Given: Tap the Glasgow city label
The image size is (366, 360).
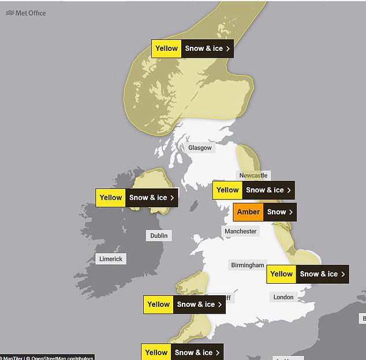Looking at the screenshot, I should (200, 148).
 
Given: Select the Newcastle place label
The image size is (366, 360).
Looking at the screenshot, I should (253, 175).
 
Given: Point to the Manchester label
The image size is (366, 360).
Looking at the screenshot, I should (240, 231).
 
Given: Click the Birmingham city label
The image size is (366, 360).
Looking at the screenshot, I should (247, 265).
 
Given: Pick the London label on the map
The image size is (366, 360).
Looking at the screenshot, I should (283, 297).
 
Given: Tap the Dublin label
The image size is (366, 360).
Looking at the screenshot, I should (159, 236).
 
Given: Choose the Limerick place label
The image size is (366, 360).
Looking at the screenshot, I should (110, 259).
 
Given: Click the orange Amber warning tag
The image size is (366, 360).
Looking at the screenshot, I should (248, 212).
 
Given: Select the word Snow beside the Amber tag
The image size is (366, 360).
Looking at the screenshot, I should (276, 212).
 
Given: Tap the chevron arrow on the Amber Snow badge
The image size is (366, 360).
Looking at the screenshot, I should (291, 212).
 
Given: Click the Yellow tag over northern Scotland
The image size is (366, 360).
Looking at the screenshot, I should (167, 49).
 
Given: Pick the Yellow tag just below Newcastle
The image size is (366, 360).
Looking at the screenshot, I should (227, 190).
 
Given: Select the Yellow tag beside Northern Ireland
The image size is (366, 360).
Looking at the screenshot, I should (111, 198).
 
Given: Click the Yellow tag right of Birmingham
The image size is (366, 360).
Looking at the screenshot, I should (282, 274).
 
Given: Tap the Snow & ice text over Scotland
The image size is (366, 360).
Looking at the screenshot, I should (203, 49).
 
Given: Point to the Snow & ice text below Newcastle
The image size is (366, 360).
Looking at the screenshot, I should (264, 190).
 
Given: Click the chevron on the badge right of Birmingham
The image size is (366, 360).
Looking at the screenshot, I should (343, 274).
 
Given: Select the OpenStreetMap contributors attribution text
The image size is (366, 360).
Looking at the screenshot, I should (64, 358).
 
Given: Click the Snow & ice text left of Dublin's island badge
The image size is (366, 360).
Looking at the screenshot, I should (148, 198).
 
